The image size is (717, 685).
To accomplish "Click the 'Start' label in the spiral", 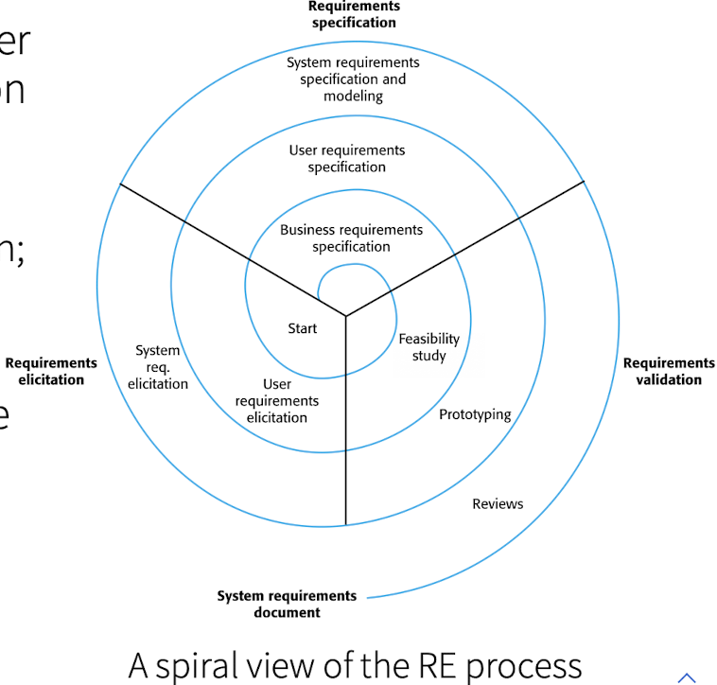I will click(x=303, y=328).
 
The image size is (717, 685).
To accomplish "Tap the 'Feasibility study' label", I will click(x=428, y=347).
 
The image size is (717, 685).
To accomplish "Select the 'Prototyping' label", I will click(x=475, y=414).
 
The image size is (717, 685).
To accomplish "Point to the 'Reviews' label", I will click(x=498, y=504).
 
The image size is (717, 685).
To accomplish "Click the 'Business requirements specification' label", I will click(x=352, y=238).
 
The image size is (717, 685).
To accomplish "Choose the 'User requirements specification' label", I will click(x=347, y=159).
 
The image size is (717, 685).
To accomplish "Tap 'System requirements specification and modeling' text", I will click(x=353, y=79).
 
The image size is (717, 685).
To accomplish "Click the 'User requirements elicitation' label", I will click(x=277, y=401).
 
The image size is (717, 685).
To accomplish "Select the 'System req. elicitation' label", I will click(x=158, y=367).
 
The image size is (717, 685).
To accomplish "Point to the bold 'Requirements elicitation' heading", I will click(x=51, y=371).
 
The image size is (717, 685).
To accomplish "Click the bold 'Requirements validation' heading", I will click(x=669, y=371).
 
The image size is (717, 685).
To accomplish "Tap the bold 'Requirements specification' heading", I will click(x=354, y=14).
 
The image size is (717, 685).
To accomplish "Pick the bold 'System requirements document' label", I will click(x=287, y=604).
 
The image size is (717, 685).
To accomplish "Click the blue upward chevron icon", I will click(x=687, y=677).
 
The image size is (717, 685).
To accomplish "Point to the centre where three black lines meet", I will click(x=345, y=316).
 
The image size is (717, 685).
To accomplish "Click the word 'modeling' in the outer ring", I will click(x=353, y=96).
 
